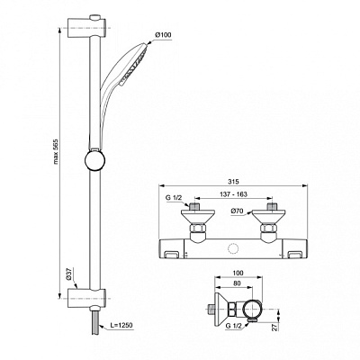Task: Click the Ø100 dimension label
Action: pos(164,35)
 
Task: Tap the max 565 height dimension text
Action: pos(55,152)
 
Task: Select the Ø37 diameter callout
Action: pos(69,274)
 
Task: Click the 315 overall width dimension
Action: pos(233,182)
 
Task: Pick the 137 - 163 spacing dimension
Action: pos(234,194)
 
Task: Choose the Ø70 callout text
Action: pos(237,211)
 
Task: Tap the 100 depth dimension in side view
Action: pos(238,274)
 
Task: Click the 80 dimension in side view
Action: pos(237,283)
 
